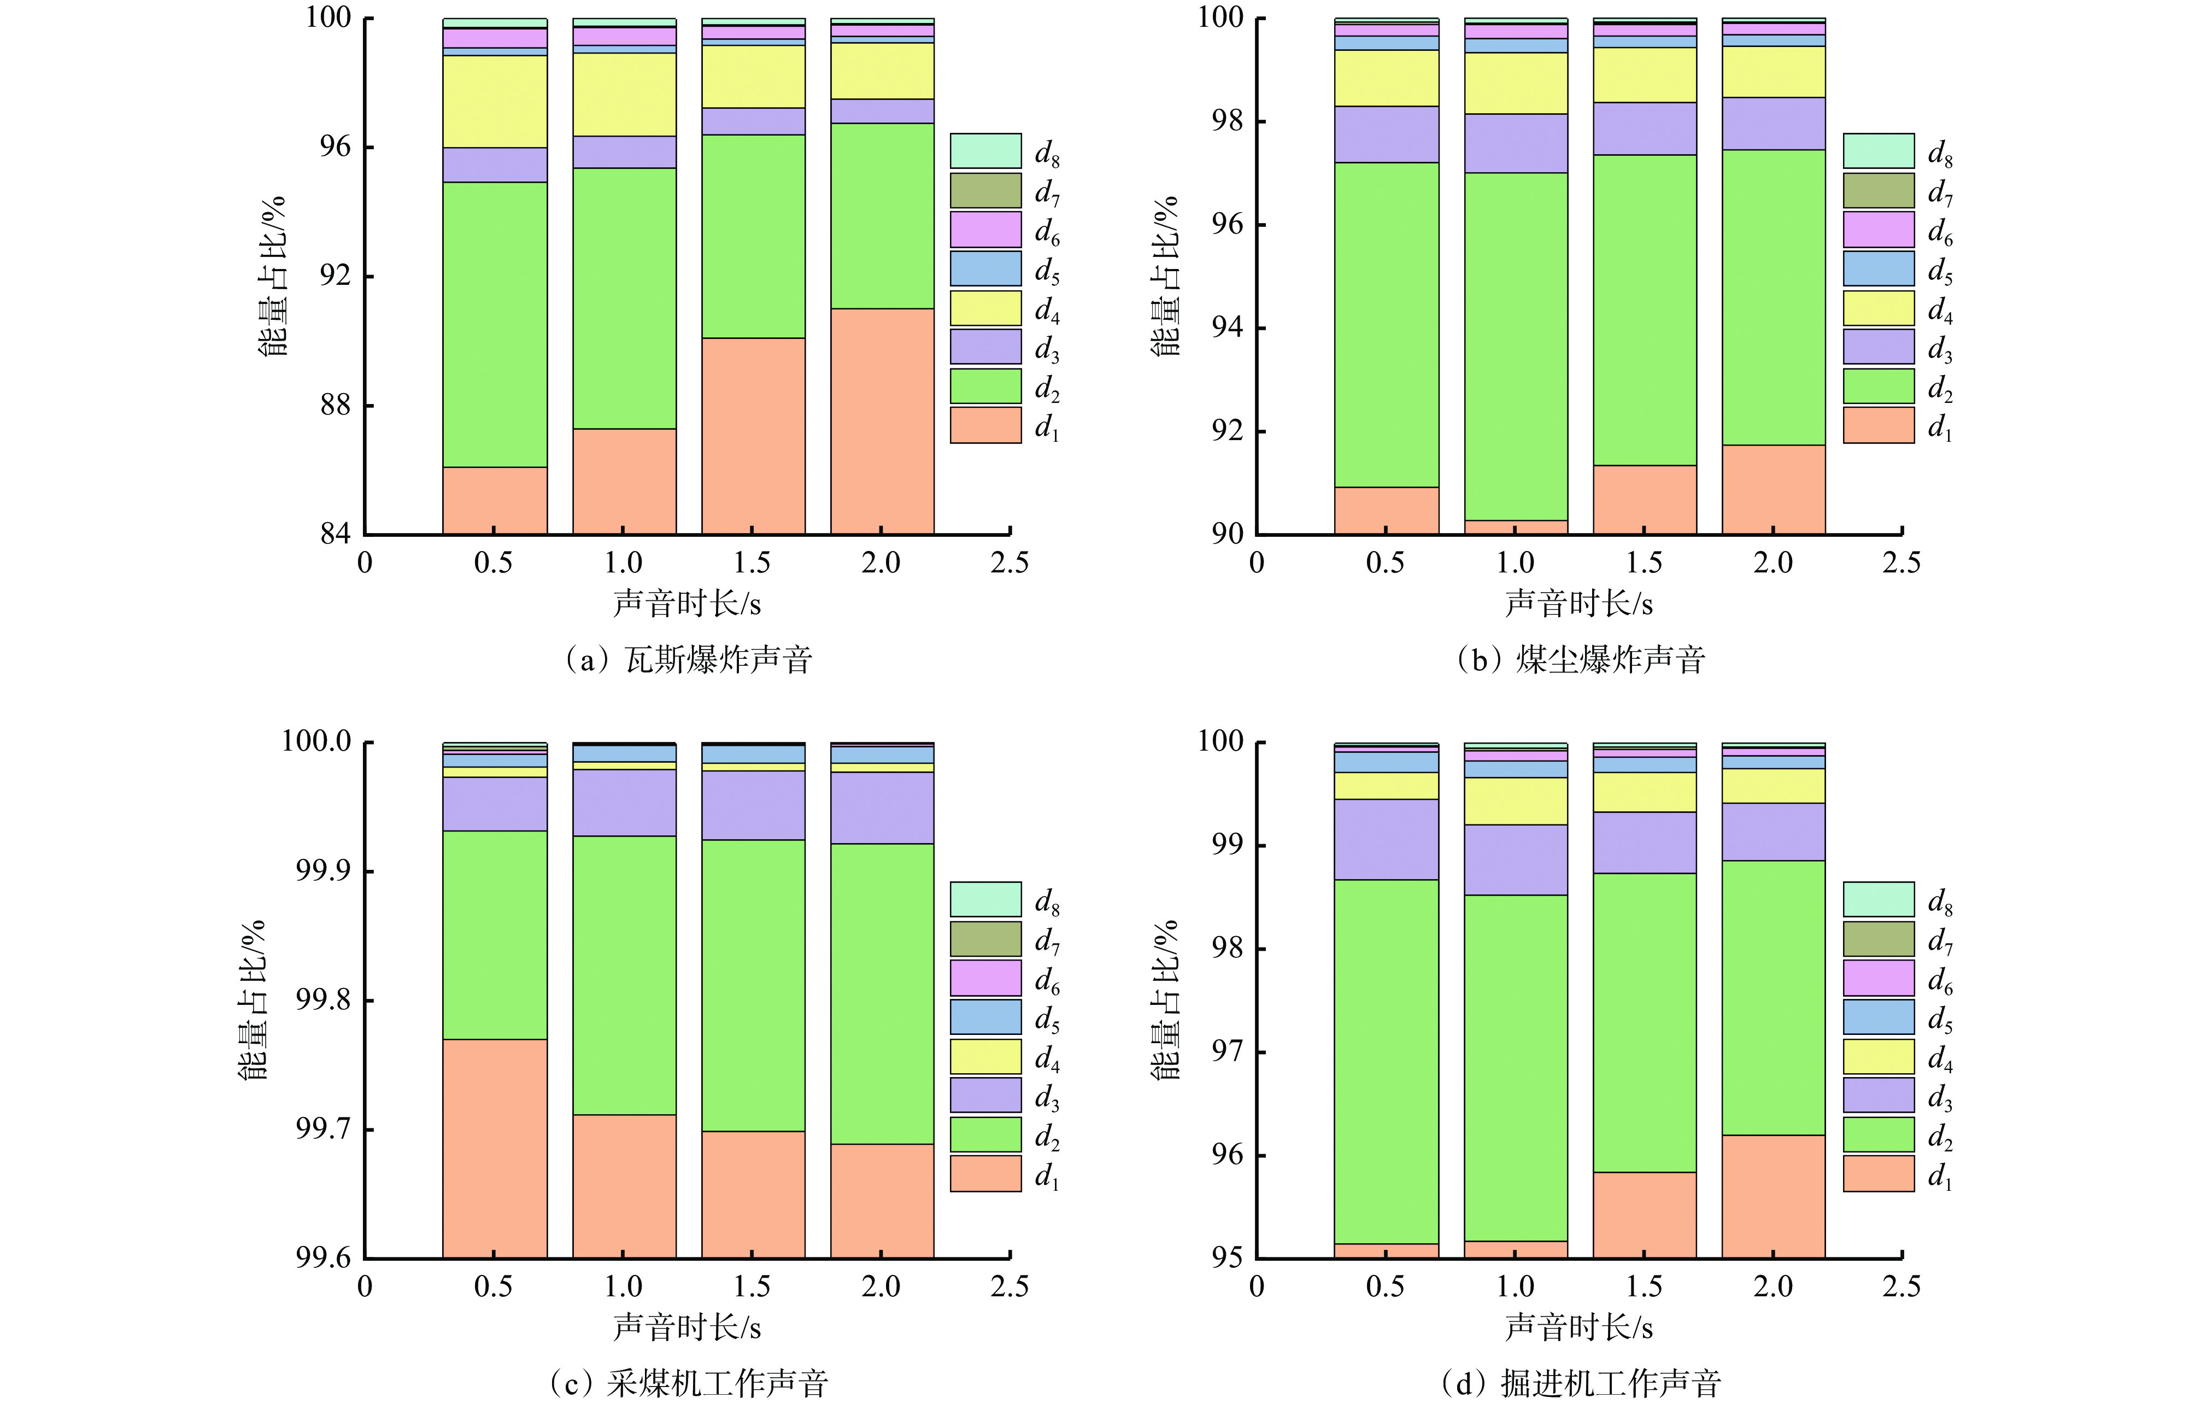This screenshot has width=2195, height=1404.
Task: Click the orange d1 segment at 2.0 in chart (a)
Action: point(882,420)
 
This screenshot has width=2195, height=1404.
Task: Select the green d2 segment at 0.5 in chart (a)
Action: point(495,325)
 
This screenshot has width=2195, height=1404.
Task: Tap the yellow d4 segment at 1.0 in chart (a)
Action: point(624,95)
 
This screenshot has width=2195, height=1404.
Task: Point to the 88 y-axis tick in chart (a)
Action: point(336,405)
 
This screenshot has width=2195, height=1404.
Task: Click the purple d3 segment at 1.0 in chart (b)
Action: point(1516,143)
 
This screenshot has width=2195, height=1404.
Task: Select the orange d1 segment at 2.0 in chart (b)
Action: point(1773,489)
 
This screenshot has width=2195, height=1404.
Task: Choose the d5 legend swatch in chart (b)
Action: point(1878,268)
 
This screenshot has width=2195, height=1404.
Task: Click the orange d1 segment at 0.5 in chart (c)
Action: point(495,1149)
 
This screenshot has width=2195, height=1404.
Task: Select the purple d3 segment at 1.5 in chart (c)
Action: point(753,805)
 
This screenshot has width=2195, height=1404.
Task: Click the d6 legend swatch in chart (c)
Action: point(985,978)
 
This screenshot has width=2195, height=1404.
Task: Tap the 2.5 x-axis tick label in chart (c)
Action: point(1009,1286)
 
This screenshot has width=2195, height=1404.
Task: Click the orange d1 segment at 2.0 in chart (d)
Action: point(1773,1196)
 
